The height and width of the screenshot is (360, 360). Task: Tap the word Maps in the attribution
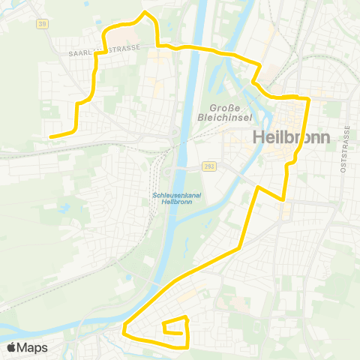(32, 347)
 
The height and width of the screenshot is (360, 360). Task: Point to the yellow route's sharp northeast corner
(308, 98)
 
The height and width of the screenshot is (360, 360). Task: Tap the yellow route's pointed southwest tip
(124, 327)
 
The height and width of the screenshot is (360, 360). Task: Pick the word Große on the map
(225, 106)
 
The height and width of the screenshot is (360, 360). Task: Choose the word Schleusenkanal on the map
(173, 194)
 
